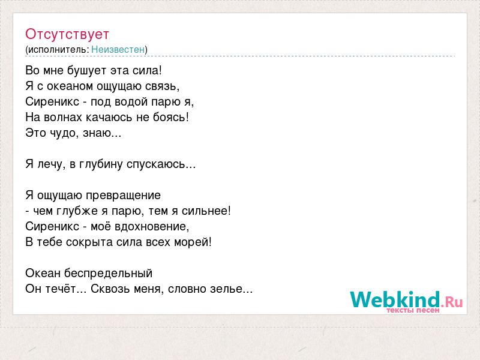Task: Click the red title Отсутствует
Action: tap(67, 34)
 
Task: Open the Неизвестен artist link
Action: tap(118, 49)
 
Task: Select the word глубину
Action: tap(101, 164)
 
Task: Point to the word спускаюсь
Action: tap(156, 164)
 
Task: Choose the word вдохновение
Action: tap(152, 227)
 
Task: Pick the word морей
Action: tap(191, 242)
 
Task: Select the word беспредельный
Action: tap(109, 274)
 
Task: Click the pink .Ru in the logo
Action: tap(452, 302)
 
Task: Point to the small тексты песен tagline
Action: tap(413, 310)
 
